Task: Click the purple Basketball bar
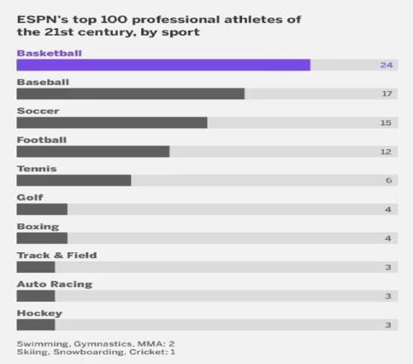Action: (x=164, y=65)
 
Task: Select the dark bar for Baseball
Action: (x=131, y=93)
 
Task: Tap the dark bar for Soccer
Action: (x=112, y=122)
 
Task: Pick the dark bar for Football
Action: (x=93, y=151)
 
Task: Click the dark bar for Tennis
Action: (x=74, y=180)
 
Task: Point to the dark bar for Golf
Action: (x=42, y=209)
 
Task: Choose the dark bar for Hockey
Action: (x=36, y=325)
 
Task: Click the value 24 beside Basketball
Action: (x=387, y=65)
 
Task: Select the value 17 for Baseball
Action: (x=387, y=93)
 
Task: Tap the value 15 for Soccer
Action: (x=386, y=122)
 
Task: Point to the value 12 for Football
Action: (x=386, y=151)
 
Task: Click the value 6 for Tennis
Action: (x=389, y=180)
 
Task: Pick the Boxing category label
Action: (x=38, y=227)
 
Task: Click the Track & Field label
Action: (x=57, y=256)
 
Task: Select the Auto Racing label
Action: (x=55, y=285)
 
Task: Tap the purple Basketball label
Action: (x=50, y=53)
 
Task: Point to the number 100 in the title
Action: (x=114, y=20)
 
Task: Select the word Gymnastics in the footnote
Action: (x=102, y=344)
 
